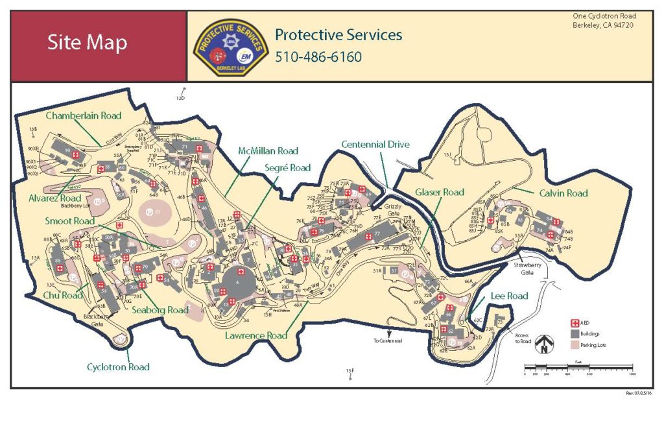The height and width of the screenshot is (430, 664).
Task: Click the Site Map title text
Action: point(87,43)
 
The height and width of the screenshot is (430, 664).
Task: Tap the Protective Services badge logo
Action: point(230,47)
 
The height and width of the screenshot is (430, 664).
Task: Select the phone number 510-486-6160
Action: point(318,57)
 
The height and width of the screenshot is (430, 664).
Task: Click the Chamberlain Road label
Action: point(83,115)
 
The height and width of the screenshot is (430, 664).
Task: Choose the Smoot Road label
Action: point(70,221)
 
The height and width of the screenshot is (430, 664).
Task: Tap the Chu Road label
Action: point(64,295)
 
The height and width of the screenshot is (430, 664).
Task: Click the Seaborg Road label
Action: point(160,310)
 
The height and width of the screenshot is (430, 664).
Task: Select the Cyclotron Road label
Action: point(118,367)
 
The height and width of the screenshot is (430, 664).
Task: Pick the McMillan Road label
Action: point(268,151)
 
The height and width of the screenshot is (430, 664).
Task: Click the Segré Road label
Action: point(287,168)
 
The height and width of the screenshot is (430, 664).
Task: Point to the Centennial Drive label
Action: point(375,144)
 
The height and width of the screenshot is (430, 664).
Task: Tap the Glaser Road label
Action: point(440,192)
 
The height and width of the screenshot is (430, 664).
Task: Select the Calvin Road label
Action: point(563,193)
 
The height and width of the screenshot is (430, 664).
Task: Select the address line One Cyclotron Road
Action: point(604,16)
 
